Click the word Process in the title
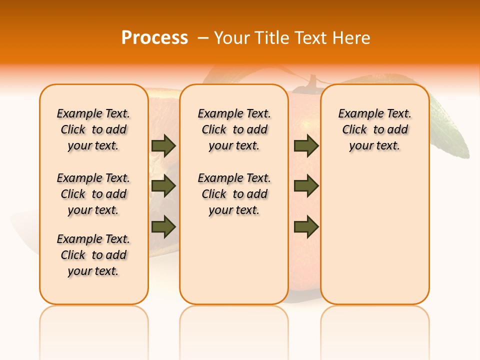coord(154,38)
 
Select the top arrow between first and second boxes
coord(163,145)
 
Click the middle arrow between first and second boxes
coord(163,186)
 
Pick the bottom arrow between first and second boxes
coord(163,226)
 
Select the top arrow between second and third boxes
coord(306,145)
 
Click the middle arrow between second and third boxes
coord(306,186)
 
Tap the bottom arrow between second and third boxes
coord(306,226)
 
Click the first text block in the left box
coord(93,129)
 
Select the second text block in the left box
coord(93,194)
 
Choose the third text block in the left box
coord(93,255)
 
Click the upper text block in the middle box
coord(234,129)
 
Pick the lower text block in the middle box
coord(234,194)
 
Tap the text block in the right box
coord(374,129)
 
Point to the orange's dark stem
coord(312,82)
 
